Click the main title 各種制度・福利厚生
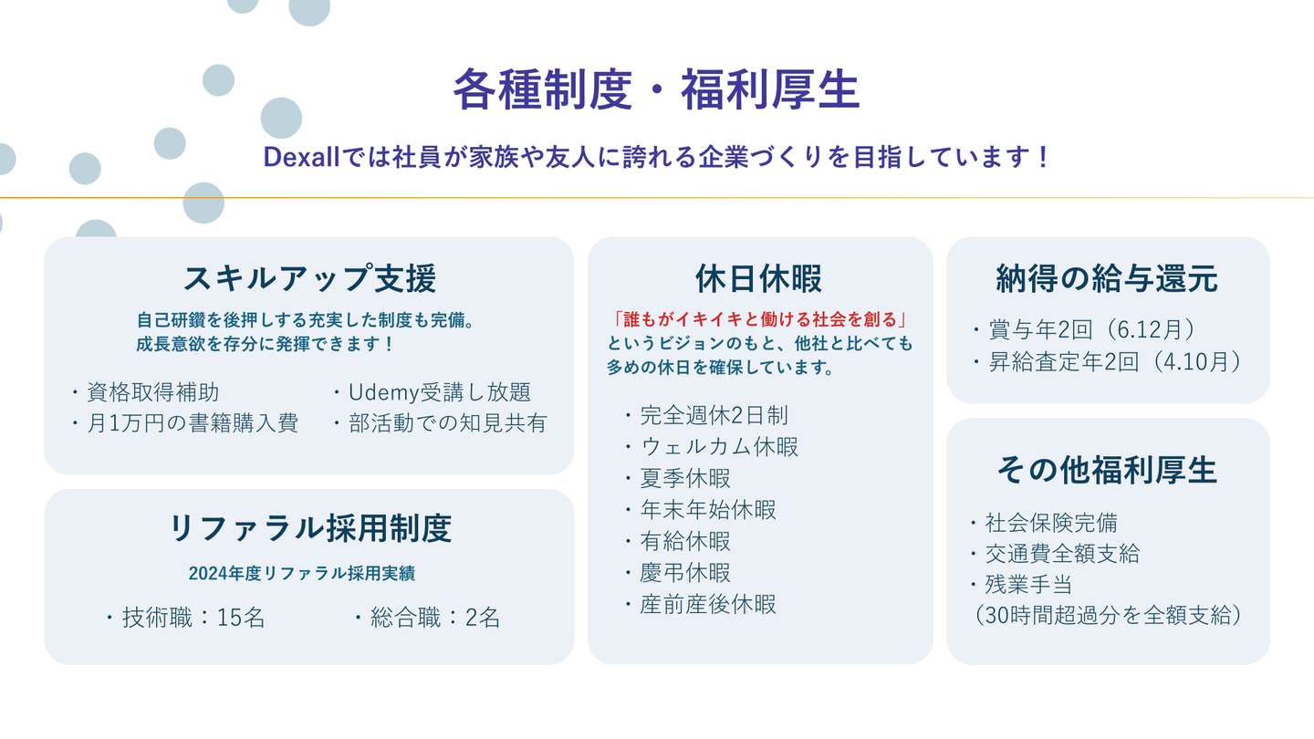(x=656, y=89)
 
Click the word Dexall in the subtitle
(x=301, y=157)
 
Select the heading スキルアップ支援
(x=309, y=278)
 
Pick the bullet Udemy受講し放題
(x=433, y=392)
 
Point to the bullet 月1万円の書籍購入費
(x=184, y=423)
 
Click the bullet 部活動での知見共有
(x=440, y=423)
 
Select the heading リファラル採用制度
(x=309, y=528)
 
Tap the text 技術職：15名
(x=185, y=618)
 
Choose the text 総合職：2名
(x=427, y=618)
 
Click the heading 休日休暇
(x=759, y=278)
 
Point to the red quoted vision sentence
(x=759, y=319)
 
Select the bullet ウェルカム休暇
(x=711, y=447)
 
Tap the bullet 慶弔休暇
(x=677, y=573)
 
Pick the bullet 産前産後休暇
(x=701, y=604)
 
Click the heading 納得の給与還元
(x=1107, y=278)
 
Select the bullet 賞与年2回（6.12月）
(x=1084, y=329)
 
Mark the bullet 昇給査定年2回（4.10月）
(x=1107, y=362)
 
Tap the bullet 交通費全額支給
(x=1055, y=553)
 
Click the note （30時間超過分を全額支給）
(x=1107, y=615)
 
